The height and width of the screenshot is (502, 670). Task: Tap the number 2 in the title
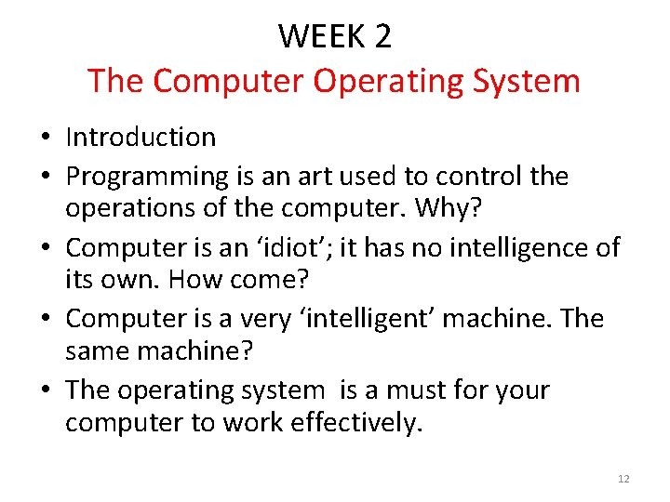382,37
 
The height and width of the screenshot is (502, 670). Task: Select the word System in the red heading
527,81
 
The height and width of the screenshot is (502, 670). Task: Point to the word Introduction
141,138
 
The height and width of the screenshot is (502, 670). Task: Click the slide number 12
623,479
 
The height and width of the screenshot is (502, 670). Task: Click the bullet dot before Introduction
46,139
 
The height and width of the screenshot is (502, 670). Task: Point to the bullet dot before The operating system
46,391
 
